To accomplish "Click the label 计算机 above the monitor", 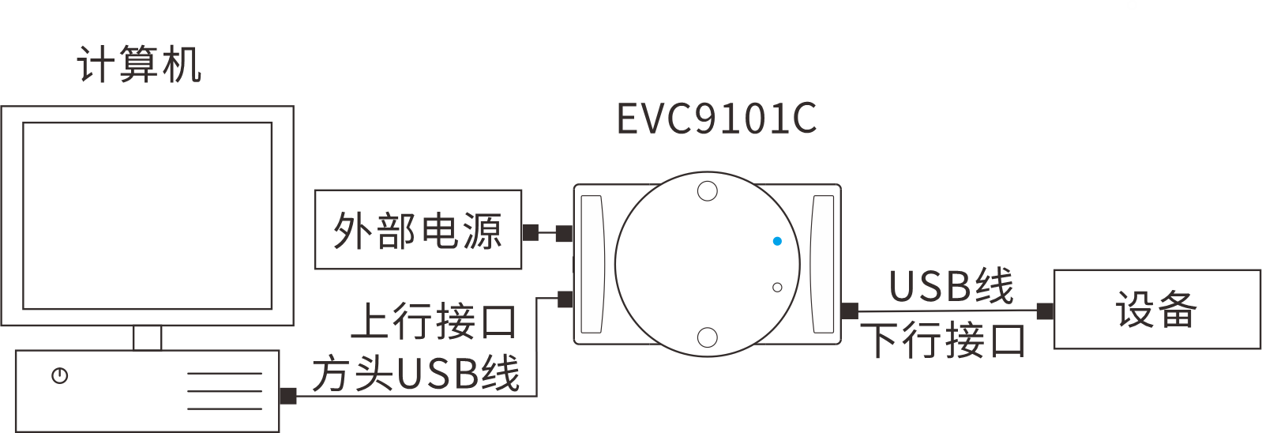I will coord(139,64).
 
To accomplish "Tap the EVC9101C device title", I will coord(716,119).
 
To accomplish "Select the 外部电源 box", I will coord(418,229).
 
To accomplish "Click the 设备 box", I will coord(1156,309).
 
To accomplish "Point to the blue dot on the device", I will coord(777,241).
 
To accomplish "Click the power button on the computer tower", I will coord(59,376).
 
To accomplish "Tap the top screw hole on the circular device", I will coord(708,191).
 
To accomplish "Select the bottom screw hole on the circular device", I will coord(708,337).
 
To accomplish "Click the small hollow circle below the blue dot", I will coord(777,288).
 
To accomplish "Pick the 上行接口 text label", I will coord(434,322).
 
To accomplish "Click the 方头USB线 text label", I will coord(415,374).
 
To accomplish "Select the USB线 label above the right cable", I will coord(951,286).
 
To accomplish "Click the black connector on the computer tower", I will coord(288,395).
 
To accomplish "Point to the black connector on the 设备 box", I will coord(1045,311).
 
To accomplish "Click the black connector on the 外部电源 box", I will coord(531,232).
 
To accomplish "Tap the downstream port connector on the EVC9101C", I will coord(850,311).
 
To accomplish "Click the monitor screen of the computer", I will coord(147,215).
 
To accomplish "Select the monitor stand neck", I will coord(147,337).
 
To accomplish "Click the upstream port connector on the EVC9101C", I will coord(565,299).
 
